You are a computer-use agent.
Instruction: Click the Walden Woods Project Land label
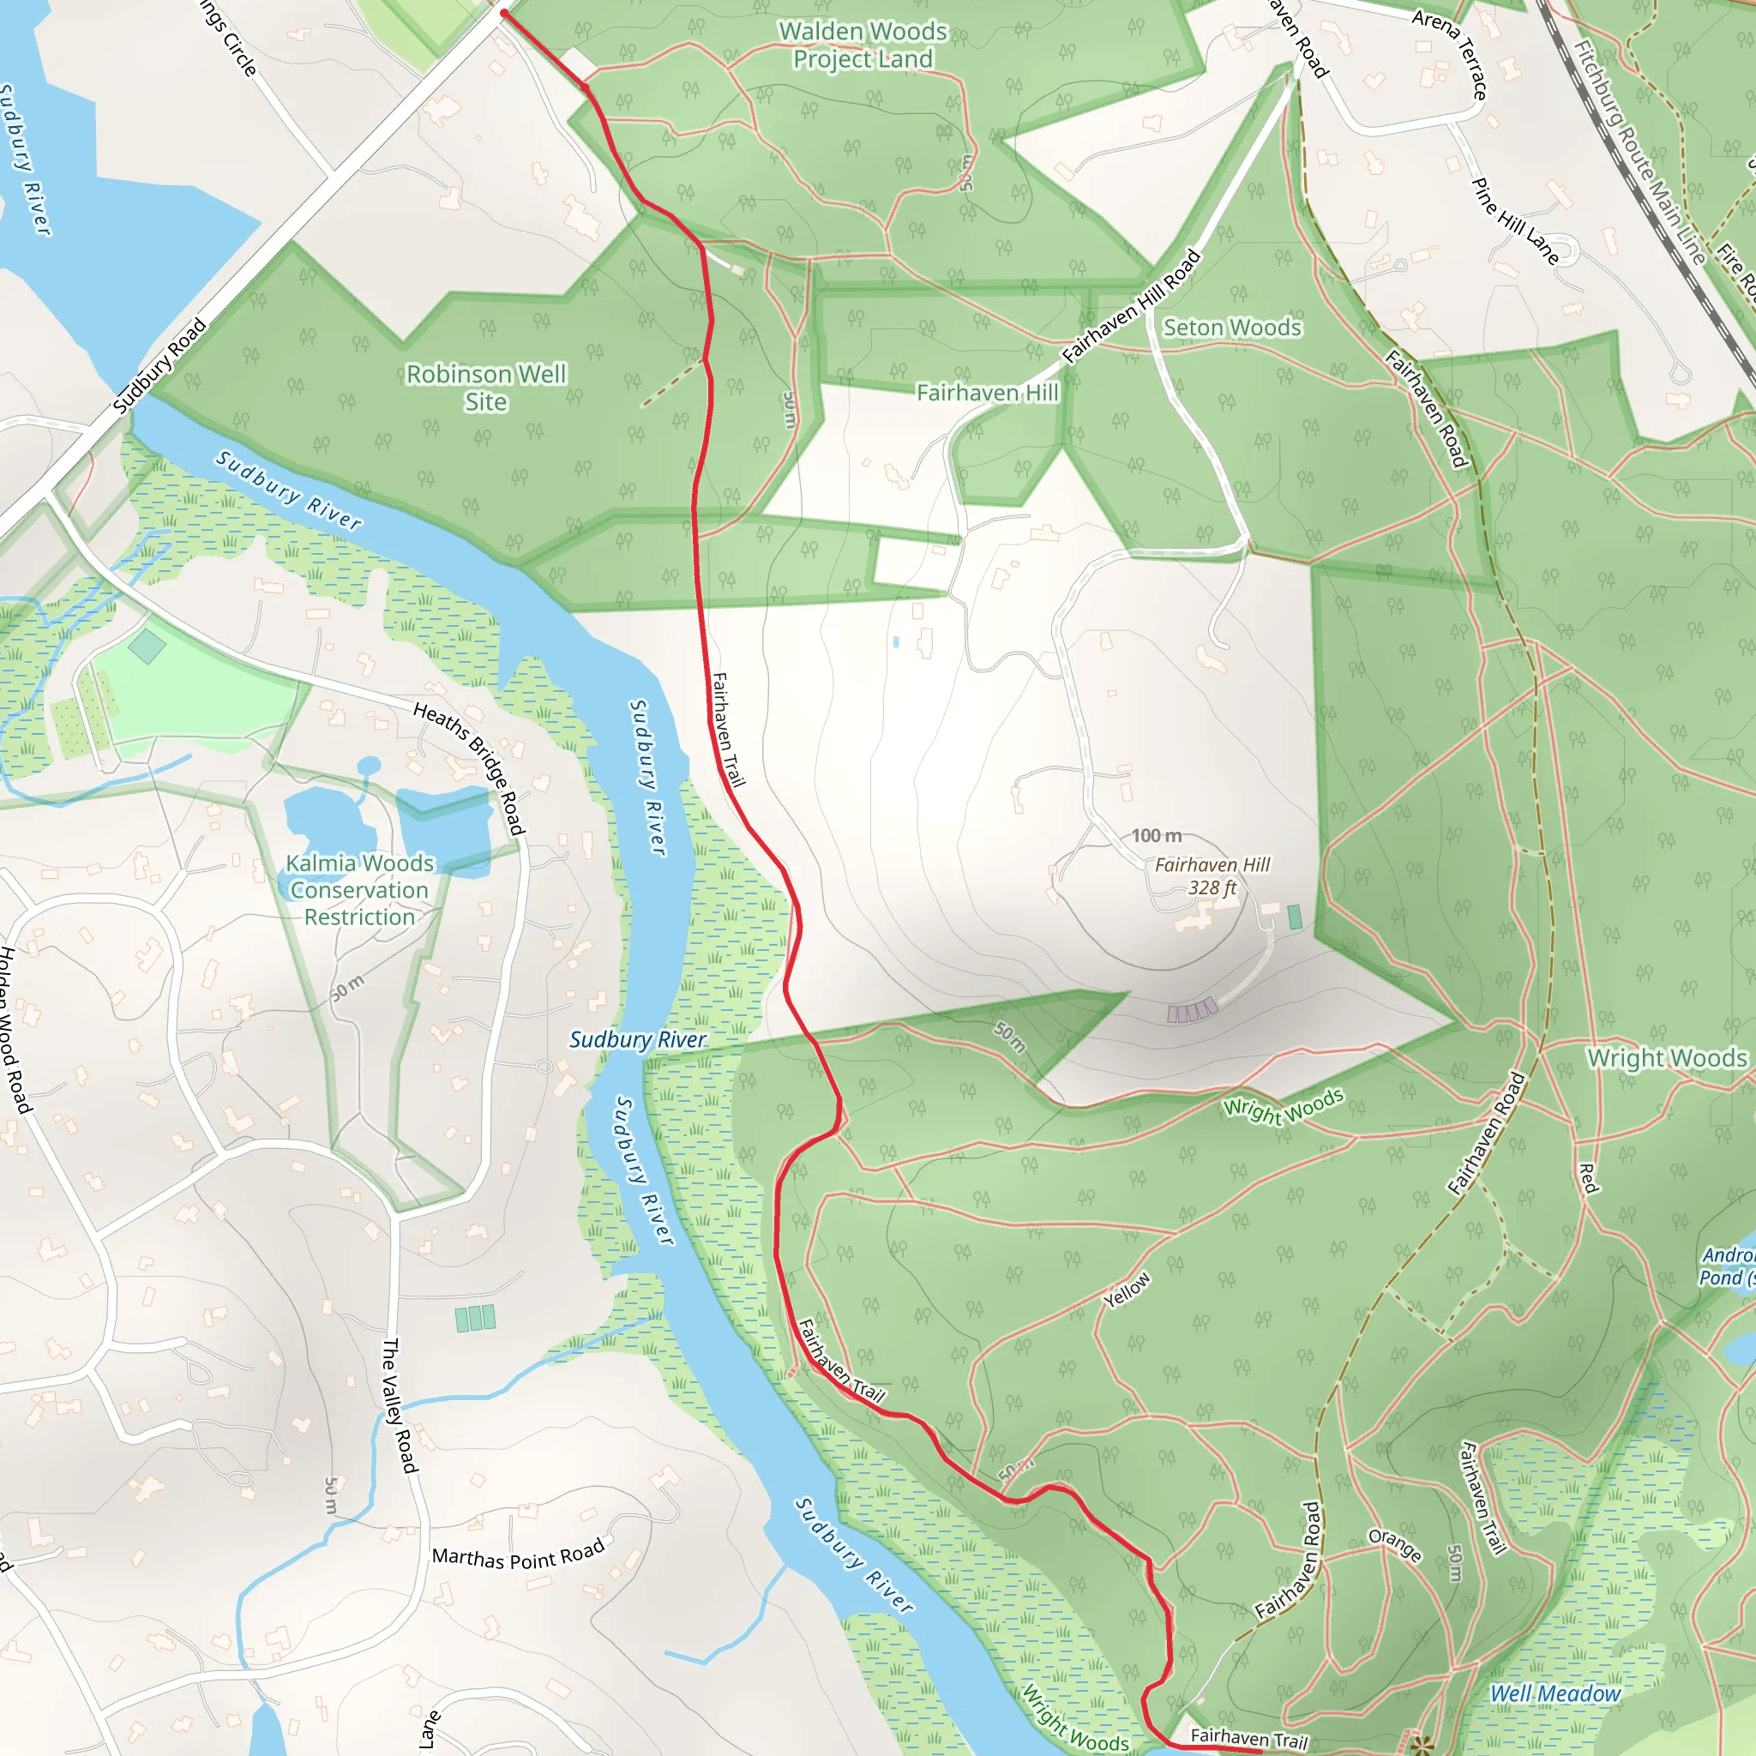click(x=863, y=45)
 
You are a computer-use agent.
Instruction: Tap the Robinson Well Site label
click(x=485, y=388)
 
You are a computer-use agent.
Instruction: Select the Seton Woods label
click(x=1231, y=328)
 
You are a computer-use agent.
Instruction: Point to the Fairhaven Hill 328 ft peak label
click(x=1212, y=876)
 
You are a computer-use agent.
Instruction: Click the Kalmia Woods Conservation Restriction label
click(x=359, y=890)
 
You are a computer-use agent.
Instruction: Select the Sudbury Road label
click(x=160, y=365)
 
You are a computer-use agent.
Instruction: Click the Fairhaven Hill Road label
click(x=1132, y=306)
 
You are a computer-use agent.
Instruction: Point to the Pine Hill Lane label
click(x=1514, y=221)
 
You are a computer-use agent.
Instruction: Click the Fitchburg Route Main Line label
click(x=1639, y=153)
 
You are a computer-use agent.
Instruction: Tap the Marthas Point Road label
click(x=518, y=1555)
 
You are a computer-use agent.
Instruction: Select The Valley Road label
click(x=399, y=1405)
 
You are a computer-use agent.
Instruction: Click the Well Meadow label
click(x=1555, y=1694)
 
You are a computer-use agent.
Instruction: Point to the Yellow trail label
click(x=1127, y=1290)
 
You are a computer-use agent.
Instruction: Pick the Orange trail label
click(x=1394, y=1544)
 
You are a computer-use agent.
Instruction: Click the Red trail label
click(x=1588, y=1179)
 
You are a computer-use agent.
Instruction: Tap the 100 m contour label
click(x=1156, y=835)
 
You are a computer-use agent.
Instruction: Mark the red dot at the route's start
click(x=503, y=13)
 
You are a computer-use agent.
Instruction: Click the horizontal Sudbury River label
click(x=637, y=1040)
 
